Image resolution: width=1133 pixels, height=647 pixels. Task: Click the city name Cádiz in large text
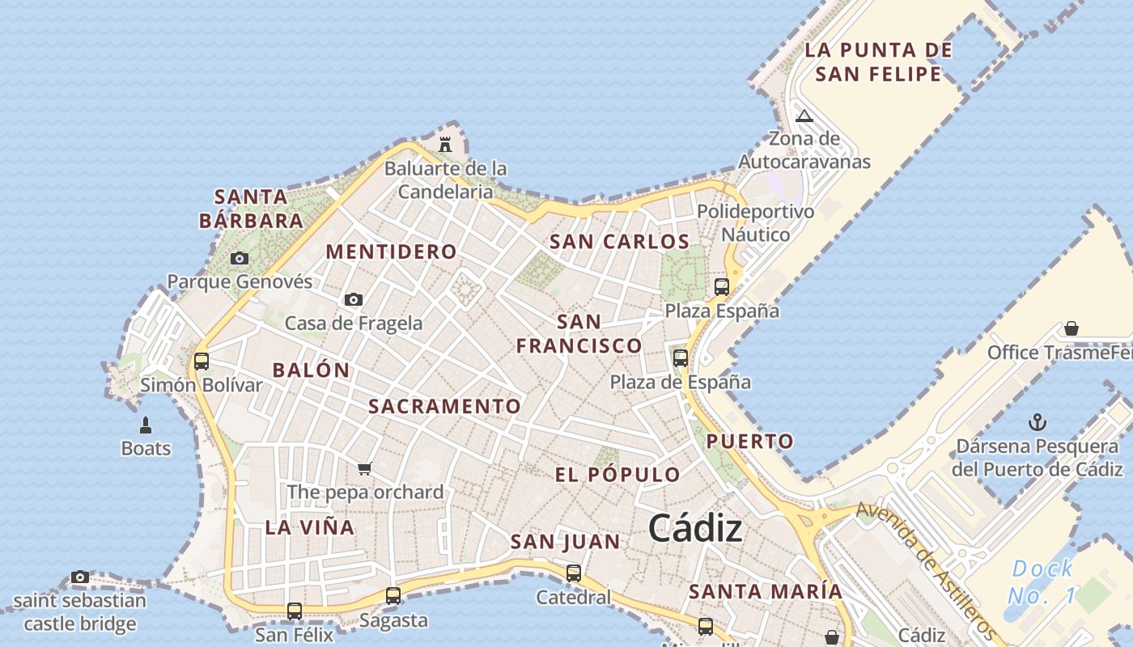(695, 529)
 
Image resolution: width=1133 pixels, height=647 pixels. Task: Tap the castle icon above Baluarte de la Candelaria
(444, 145)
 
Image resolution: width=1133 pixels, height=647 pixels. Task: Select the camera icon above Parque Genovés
(239, 259)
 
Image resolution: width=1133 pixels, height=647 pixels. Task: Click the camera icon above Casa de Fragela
(353, 300)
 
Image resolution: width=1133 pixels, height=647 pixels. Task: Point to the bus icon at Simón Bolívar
(202, 362)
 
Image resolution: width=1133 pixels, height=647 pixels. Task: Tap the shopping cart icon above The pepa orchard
(365, 468)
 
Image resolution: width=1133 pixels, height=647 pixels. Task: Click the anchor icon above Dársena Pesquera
(1037, 422)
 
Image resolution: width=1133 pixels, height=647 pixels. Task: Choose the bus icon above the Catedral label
(574, 573)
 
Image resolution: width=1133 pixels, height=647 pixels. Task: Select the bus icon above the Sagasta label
(393, 596)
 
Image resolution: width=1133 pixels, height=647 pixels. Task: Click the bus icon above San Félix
(295, 611)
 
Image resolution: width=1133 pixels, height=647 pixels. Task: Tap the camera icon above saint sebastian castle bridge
(79, 577)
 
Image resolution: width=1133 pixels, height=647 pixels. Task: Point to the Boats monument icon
(146, 425)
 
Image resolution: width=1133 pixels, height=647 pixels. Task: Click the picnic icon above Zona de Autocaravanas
(804, 116)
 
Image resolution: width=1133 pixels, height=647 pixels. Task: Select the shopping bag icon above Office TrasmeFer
(1071, 328)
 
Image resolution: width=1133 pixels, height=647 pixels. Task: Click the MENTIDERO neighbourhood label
(391, 252)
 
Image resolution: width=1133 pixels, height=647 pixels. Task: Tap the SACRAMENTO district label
(444, 406)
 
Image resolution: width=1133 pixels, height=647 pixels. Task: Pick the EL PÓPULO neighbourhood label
(617, 475)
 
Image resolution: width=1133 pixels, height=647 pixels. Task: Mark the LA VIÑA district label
(310, 527)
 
